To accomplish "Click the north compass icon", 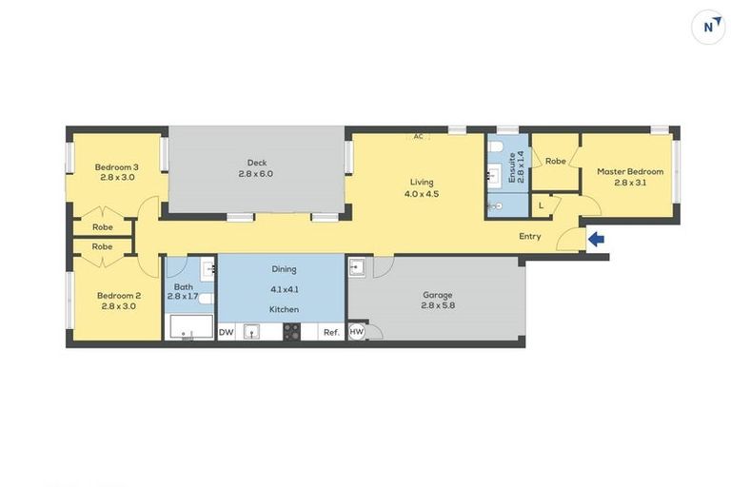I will [x=707, y=27].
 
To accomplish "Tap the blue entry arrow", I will [x=596, y=240].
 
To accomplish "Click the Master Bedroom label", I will [x=630, y=172].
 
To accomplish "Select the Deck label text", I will [x=255, y=163].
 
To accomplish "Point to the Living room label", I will [x=422, y=182].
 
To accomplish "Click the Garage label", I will [x=438, y=295].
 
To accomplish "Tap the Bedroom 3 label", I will [x=114, y=167].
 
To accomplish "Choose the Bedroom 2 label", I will [x=117, y=295].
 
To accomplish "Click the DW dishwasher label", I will [x=227, y=332].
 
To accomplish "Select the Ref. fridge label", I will [x=331, y=332].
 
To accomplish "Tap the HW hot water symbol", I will [x=356, y=332].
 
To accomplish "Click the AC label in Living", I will [x=418, y=136].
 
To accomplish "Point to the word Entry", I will [x=530, y=237].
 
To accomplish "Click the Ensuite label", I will [x=512, y=167].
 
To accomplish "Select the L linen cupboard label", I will [x=542, y=205].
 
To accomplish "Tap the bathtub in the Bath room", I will [x=189, y=329].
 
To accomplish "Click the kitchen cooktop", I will [x=291, y=332].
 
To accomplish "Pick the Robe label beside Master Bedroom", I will [x=556, y=162].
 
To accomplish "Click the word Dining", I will [x=284, y=269].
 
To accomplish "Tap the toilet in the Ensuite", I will [x=495, y=205].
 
